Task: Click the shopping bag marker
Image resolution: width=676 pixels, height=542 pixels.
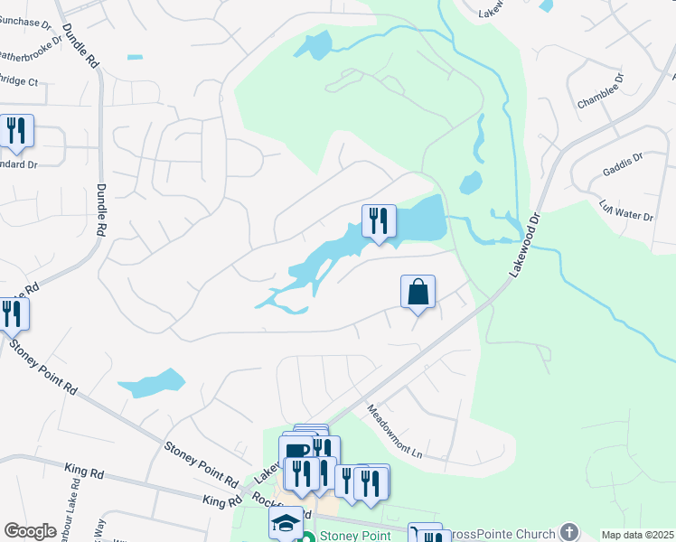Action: click(418, 293)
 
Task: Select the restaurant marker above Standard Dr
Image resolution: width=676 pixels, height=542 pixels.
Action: click(16, 132)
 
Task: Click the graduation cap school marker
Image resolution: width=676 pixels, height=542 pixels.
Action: click(286, 523)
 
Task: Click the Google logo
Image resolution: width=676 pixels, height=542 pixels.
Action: click(30, 531)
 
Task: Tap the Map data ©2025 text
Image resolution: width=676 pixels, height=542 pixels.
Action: click(636, 535)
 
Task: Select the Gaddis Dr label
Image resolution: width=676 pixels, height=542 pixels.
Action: click(622, 165)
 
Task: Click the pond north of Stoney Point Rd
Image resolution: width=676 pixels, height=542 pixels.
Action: click(151, 383)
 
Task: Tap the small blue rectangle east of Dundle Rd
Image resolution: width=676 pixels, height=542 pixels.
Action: click(135, 58)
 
